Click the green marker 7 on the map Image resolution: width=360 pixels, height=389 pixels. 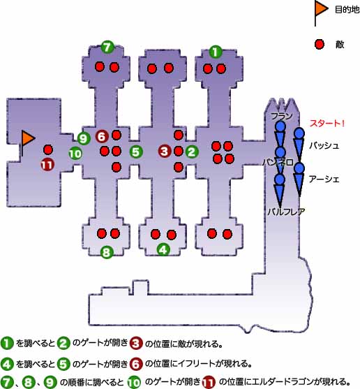click(x=107, y=47)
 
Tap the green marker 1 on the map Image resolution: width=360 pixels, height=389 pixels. click(x=216, y=52)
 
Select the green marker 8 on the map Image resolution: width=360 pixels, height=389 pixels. click(x=107, y=252)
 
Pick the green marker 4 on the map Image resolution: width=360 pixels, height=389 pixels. click(x=163, y=249)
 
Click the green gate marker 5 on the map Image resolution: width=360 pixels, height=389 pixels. click(x=136, y=152)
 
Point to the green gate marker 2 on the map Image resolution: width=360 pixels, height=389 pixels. click(x=192, y=152)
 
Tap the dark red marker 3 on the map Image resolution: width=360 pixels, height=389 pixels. click(x=165, y=151)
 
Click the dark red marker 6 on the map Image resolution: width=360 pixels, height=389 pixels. click(x=102, y=136)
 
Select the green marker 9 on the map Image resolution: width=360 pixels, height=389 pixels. click(x=84, y=138)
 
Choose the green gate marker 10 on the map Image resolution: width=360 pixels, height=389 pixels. click(x=75, y=154)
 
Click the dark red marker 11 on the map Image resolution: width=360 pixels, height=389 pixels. click(x=47, y=165)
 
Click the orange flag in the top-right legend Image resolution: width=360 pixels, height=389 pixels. click(x=321, y=10)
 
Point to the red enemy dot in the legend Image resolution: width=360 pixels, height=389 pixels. click(x=320, y=45)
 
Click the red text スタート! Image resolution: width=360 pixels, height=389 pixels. click(x=327, y=124)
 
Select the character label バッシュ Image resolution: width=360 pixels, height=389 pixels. click(x=324, y=145)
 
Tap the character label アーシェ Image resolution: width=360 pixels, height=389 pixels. click(x=324, y=179)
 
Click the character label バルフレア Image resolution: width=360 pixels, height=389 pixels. click(x=286, y=212)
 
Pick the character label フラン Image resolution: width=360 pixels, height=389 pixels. click(x=282, y=116)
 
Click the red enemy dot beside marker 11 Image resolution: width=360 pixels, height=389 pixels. click(x=48, y=149)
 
